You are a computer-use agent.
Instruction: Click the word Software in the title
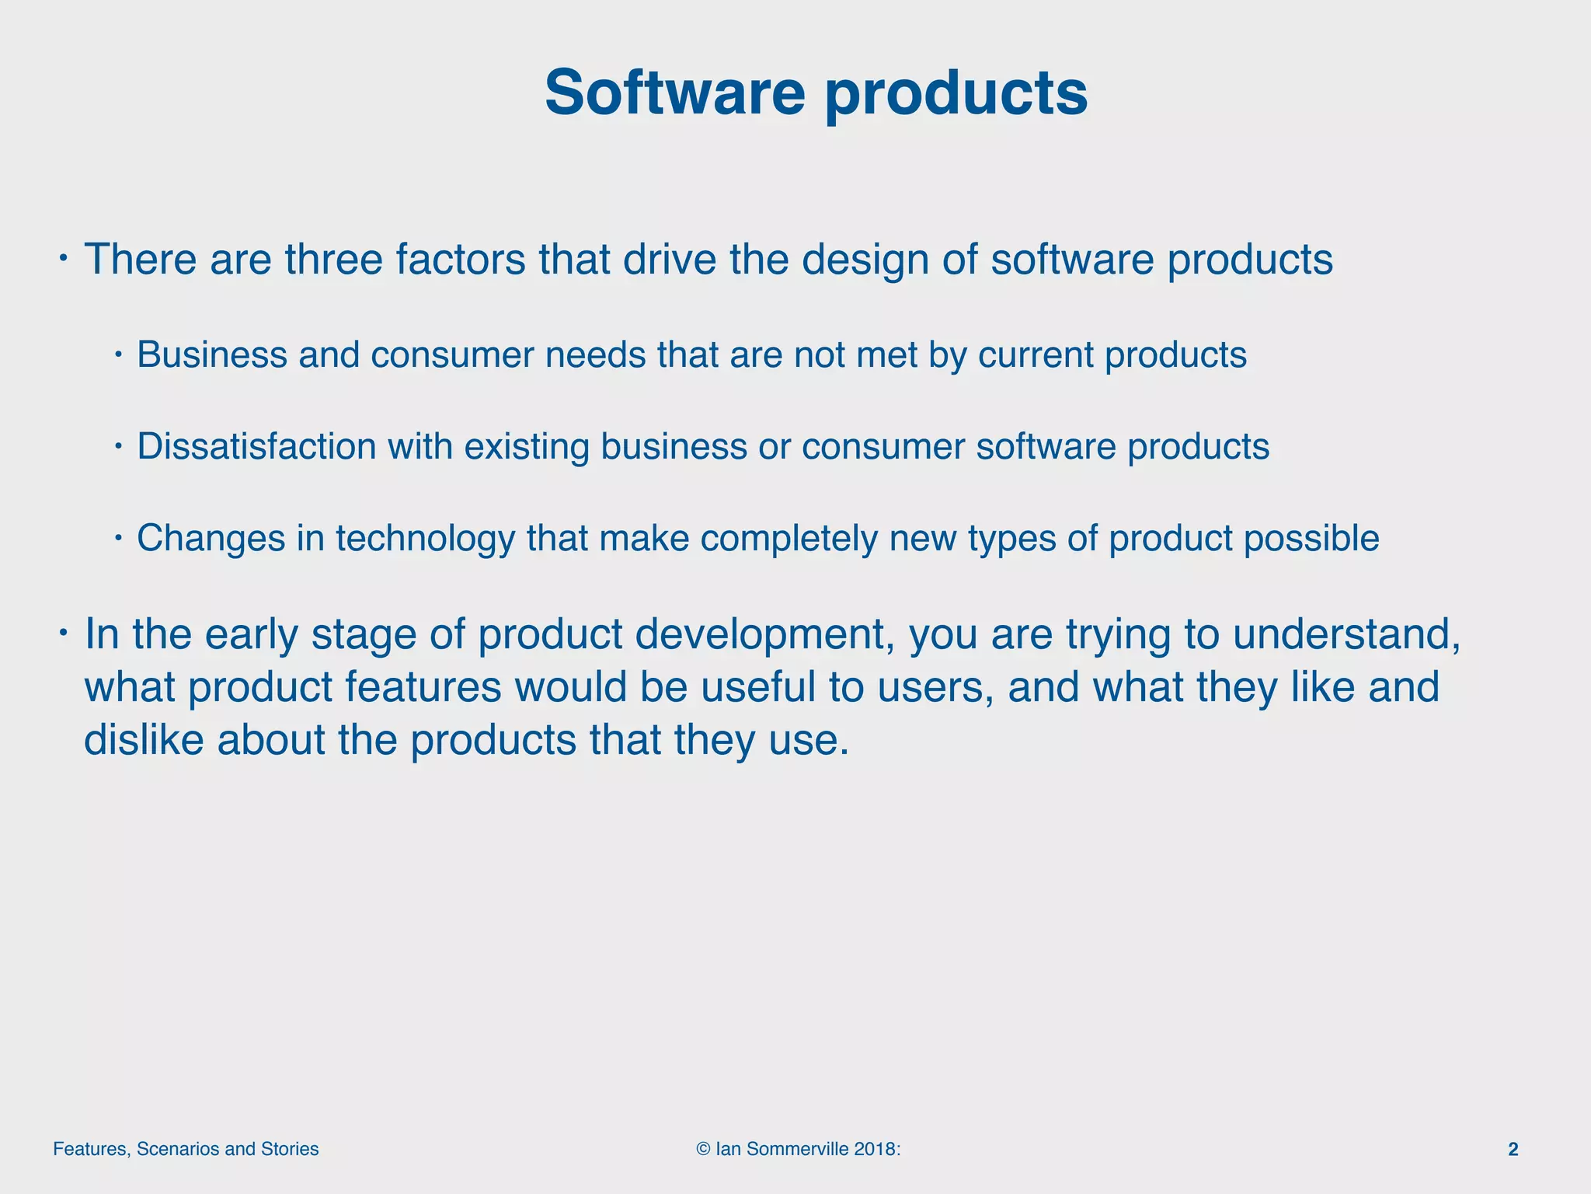coord(674,93)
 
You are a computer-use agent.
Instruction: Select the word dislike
coord(144,739)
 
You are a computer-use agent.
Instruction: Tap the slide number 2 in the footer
coord(1513,1149)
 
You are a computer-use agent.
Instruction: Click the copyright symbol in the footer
coord(703,1149)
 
